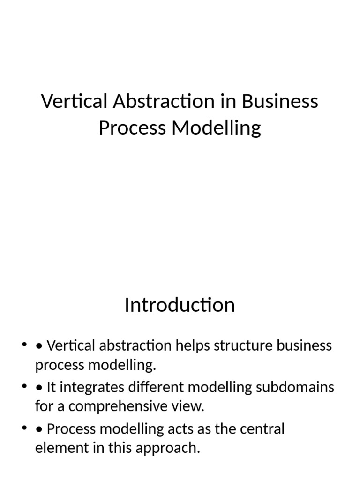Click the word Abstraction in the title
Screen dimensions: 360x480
(164, 101)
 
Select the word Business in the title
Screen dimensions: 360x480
(280, 101)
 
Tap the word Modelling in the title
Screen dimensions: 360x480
(216, 128)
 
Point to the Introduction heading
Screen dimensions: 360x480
(180, 305)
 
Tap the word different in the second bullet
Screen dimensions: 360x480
(156, 387)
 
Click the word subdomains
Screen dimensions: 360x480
(295, 387)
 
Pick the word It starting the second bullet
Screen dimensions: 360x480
(51, 387)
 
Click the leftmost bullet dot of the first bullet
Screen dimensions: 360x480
(24, 345)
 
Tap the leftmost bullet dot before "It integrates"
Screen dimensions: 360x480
(24, 386)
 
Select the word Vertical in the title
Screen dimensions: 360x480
(75, 101)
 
